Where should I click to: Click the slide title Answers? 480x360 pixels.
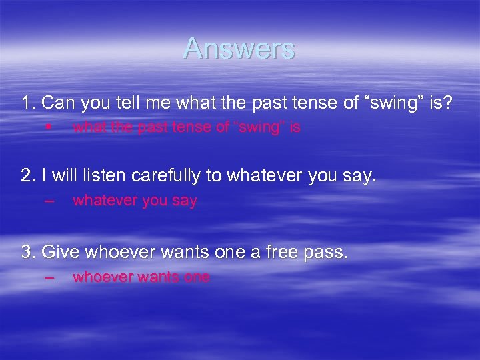[x=239, y=49]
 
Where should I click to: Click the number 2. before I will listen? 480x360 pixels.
[x=29, y=176]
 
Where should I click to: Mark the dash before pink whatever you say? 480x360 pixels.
[x=48, y=201]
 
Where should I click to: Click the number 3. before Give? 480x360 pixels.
[x=29, y=252]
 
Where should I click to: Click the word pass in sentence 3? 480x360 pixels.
[x=327, y=252]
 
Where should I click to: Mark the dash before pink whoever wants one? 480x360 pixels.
[x=48, y=277]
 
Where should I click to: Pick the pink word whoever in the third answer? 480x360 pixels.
[x=101, y=277]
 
